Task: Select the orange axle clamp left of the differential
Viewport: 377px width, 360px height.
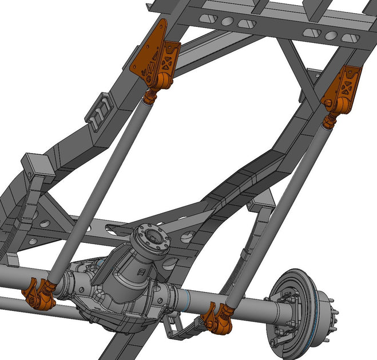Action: click(x=39, y=294)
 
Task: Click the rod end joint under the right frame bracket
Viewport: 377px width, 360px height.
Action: click(x=330, y=121)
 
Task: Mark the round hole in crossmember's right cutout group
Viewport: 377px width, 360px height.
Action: click(x=332, y=34)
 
